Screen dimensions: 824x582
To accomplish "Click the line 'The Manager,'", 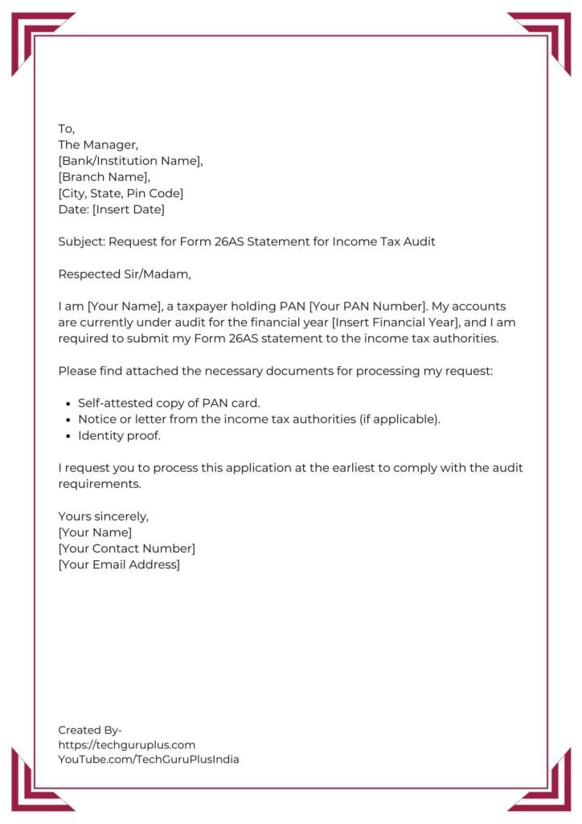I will [98, 145].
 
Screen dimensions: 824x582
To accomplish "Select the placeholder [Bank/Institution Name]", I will [130, 161].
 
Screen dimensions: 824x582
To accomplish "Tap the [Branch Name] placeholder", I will [104, 177].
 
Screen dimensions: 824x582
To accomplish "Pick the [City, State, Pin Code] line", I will [121, 193].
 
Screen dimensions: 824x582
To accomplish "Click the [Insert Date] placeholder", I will [128, 209].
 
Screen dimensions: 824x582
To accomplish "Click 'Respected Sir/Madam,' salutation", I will [125, 274].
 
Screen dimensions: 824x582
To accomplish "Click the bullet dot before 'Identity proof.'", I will [65, 435].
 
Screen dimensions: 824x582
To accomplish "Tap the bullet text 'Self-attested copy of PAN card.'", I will [169, 402].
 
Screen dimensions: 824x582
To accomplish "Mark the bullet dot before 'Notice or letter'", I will [65, 419].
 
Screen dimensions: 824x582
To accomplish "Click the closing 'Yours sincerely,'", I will [104, 516].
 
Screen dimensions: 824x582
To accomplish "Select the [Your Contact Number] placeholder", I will [126, 548].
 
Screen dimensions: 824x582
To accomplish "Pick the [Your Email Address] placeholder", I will [119, 564].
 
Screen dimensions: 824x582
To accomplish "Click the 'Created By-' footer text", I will [90, 730].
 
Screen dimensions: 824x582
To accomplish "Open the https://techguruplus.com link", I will [126, 744].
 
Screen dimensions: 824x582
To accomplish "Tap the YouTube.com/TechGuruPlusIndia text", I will [149, 759].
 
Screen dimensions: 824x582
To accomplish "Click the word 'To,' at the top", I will [66, 129].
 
